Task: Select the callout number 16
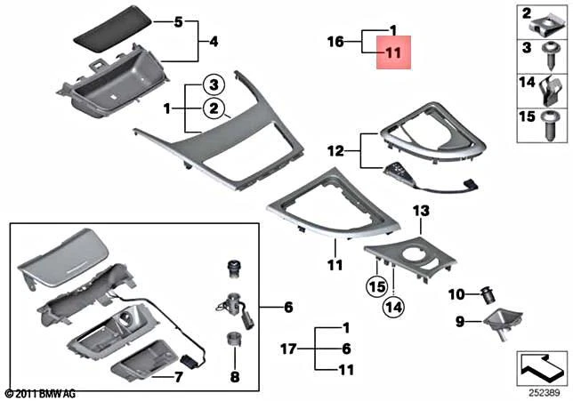(335, 41)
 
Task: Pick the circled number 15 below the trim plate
(377, 288)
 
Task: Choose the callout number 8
(234, 376)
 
